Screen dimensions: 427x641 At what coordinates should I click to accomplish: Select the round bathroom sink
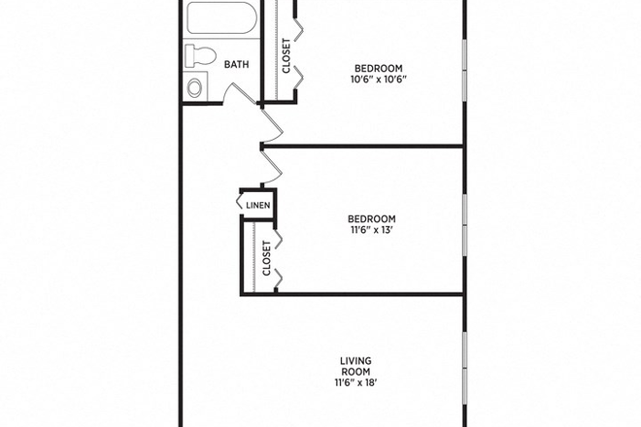[194, 87]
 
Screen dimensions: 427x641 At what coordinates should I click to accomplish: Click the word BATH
[236, 65]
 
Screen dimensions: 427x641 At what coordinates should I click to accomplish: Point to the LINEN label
[257, 205]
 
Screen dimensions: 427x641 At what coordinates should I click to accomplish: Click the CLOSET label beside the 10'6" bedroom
[287, 55]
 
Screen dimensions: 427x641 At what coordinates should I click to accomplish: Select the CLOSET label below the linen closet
[266, 258]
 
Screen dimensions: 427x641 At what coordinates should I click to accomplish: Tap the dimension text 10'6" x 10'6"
[377, 79]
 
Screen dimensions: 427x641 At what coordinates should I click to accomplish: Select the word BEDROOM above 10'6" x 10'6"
[377, 67]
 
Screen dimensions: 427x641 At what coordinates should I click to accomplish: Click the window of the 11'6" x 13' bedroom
[464, 223]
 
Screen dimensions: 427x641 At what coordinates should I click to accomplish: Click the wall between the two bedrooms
[369, 147]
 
